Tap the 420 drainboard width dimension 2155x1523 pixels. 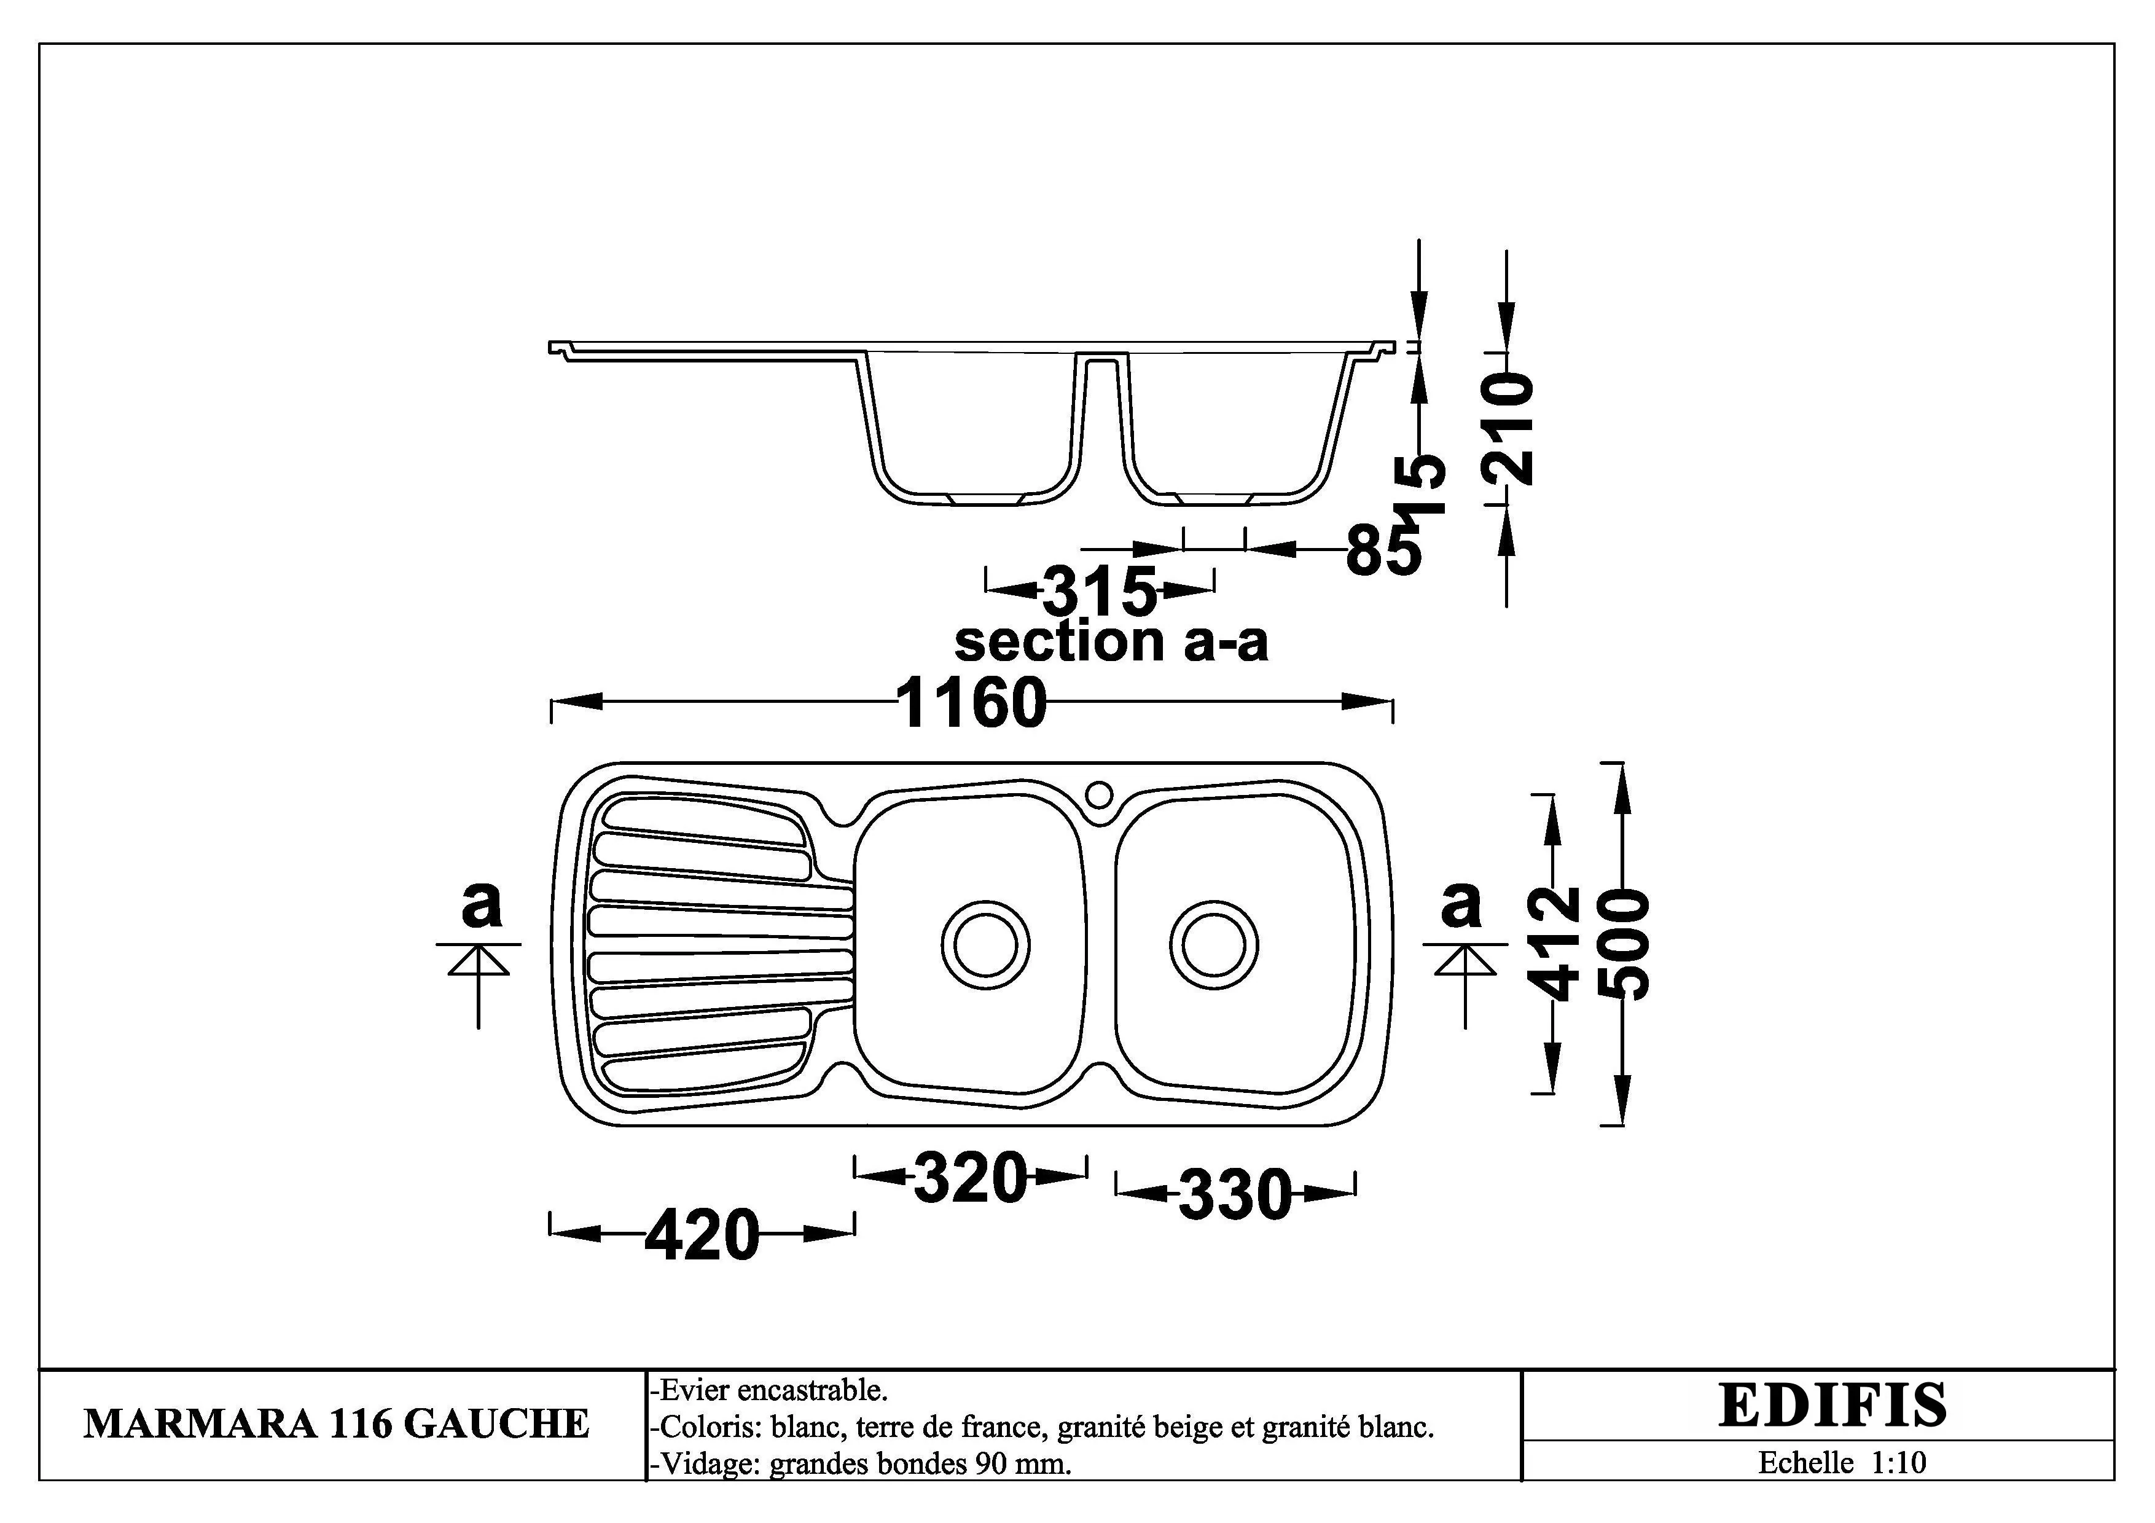[702, 1235]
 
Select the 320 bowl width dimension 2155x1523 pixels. [971, 1178]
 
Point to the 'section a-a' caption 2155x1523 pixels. [1111, 643]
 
